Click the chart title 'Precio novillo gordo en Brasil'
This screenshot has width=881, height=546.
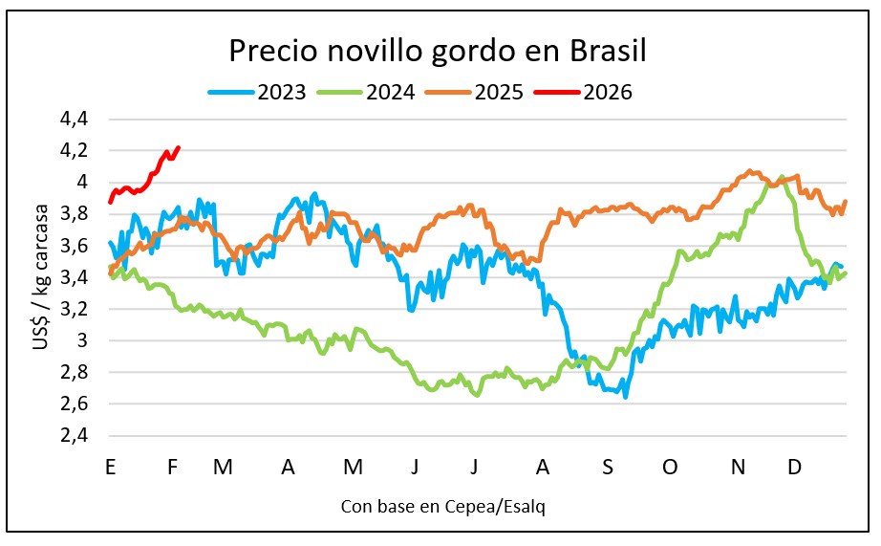coord(438,51)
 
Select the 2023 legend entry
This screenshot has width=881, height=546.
coord(257,92)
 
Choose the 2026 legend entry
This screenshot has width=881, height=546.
coord(583,92)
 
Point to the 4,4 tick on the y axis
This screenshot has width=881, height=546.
coord(74,120)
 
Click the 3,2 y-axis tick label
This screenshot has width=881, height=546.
coord(74,309)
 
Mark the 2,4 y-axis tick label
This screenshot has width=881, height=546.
coord(74,435)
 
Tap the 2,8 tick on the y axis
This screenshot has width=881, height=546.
coord(74,372)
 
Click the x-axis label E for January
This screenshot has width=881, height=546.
coord(111,467)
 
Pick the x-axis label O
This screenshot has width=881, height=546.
coord(670,467)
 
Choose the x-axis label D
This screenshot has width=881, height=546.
coord(793,467)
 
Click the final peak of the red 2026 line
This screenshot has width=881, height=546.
coord(180,148)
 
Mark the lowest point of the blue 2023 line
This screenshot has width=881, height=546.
coord(626,396)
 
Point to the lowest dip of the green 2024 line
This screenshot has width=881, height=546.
coord(477,394)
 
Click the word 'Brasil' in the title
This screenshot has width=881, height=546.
coord(606,51)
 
